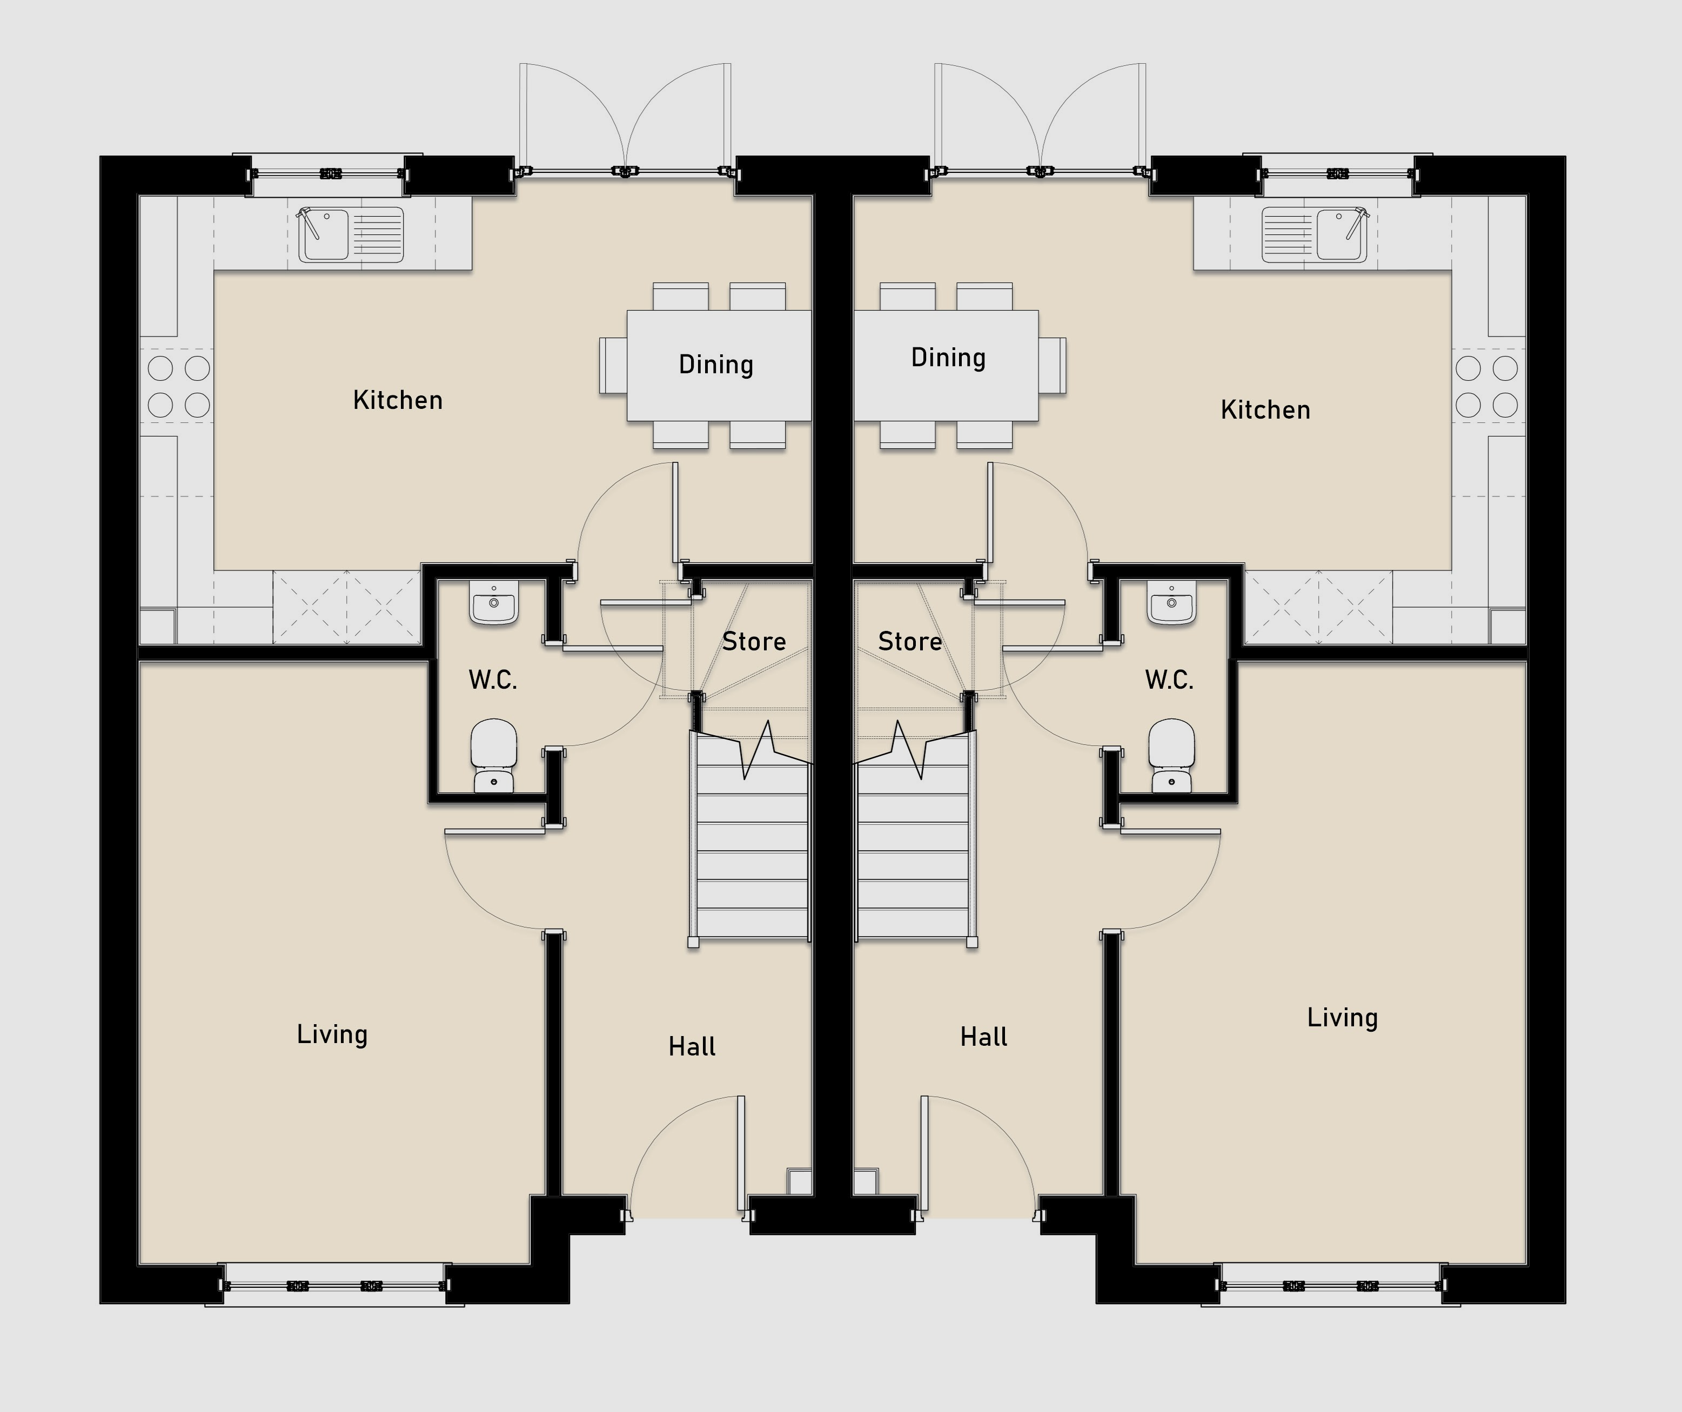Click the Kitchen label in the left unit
pyautogui.click(x=398, y=400)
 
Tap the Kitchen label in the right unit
pyautogui.click(x=1265, y=409)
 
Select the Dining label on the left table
pyautogui.click(x=716, y=365)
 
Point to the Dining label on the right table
pyautogui.click(x=948, y=357)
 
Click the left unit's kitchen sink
pyautogui.click(x=352, y=234)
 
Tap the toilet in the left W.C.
pyautogui.click(x=493, y=755)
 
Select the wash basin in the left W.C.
pyautogui.click(x=494, y=603)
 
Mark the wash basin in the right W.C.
pyautogui.click(x=1172, y=603)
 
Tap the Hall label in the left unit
pyautogui.click(x=692, y=1046)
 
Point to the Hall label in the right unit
pyautogui.click(x=983, y=1037)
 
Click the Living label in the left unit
pyautogui.click(x=332, y=1034)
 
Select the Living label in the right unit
pyautogui.click(x=1342, y=1017)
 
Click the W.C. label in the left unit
pyautogui.click(x=493, y=680)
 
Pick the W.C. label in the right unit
pyautogui.click(x=1169, y=680)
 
